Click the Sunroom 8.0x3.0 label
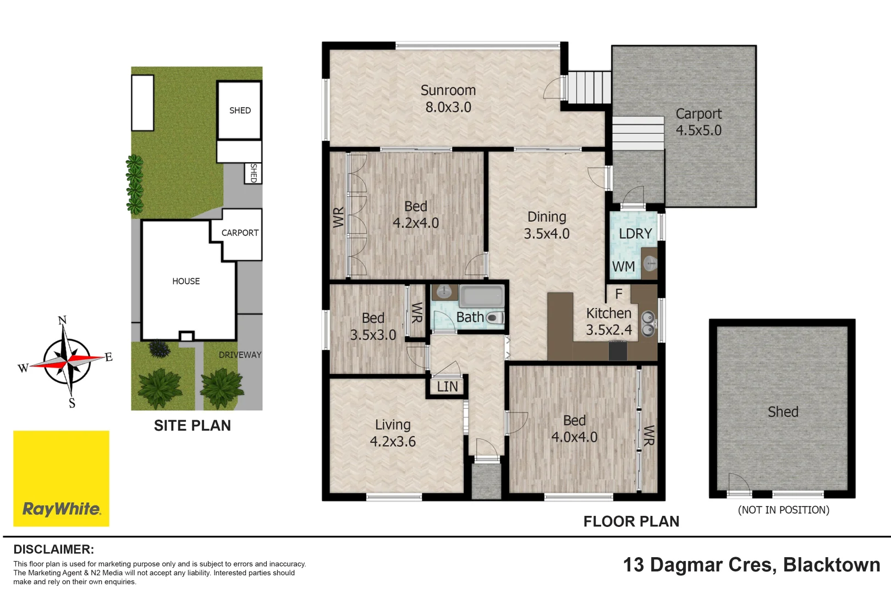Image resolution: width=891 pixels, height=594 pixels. click(x=448, y=98)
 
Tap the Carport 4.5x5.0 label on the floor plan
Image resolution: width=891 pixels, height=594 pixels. click(x=698, y=122)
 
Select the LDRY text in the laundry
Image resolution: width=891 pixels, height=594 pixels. click(x=635, y=234)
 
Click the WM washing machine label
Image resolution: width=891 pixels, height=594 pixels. click(x=623, y=267)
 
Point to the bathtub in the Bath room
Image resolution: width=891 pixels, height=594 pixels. click(x=481, y=297)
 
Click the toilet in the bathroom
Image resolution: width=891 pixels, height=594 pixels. click(x=494, y=318)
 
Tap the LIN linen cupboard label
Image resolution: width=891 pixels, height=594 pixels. click(x=447, y=387)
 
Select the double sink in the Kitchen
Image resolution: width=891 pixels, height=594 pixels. click(x=648, y=323)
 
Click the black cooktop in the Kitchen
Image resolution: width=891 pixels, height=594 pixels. click(x=618, y=350)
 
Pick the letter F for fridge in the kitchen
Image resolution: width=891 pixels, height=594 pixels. click(x=619, y=294)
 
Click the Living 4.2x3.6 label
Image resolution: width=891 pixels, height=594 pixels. click(x=393, y=433)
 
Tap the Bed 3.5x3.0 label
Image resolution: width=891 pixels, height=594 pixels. click(x=373, y=326)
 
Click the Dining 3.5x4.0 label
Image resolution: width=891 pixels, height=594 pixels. click(x=546, y=225)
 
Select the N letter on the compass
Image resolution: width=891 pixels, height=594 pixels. click(x=62, y=320)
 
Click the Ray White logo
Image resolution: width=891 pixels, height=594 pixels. click(x=61, y=479)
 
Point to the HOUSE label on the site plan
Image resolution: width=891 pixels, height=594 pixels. click(x=186, y=281)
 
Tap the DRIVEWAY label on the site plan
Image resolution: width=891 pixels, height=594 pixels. click(x=240, y=355)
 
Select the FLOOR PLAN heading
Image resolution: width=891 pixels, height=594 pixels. click(x=631, y=521)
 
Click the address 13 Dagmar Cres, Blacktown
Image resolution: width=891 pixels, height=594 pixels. click(x=751, y=565)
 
